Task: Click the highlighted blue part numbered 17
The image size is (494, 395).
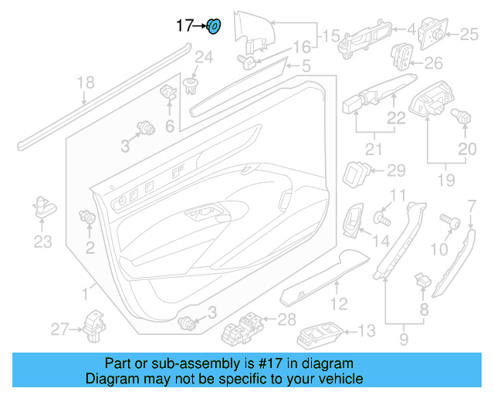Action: tap(215, 26)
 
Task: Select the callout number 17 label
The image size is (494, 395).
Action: tap(185, 26)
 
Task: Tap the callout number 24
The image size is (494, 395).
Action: tap(203, 56)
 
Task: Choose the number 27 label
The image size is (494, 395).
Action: tap(60, 329)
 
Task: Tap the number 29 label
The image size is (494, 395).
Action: tap(395, 170)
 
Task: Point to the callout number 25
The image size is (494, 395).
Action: tap(470, 33)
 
